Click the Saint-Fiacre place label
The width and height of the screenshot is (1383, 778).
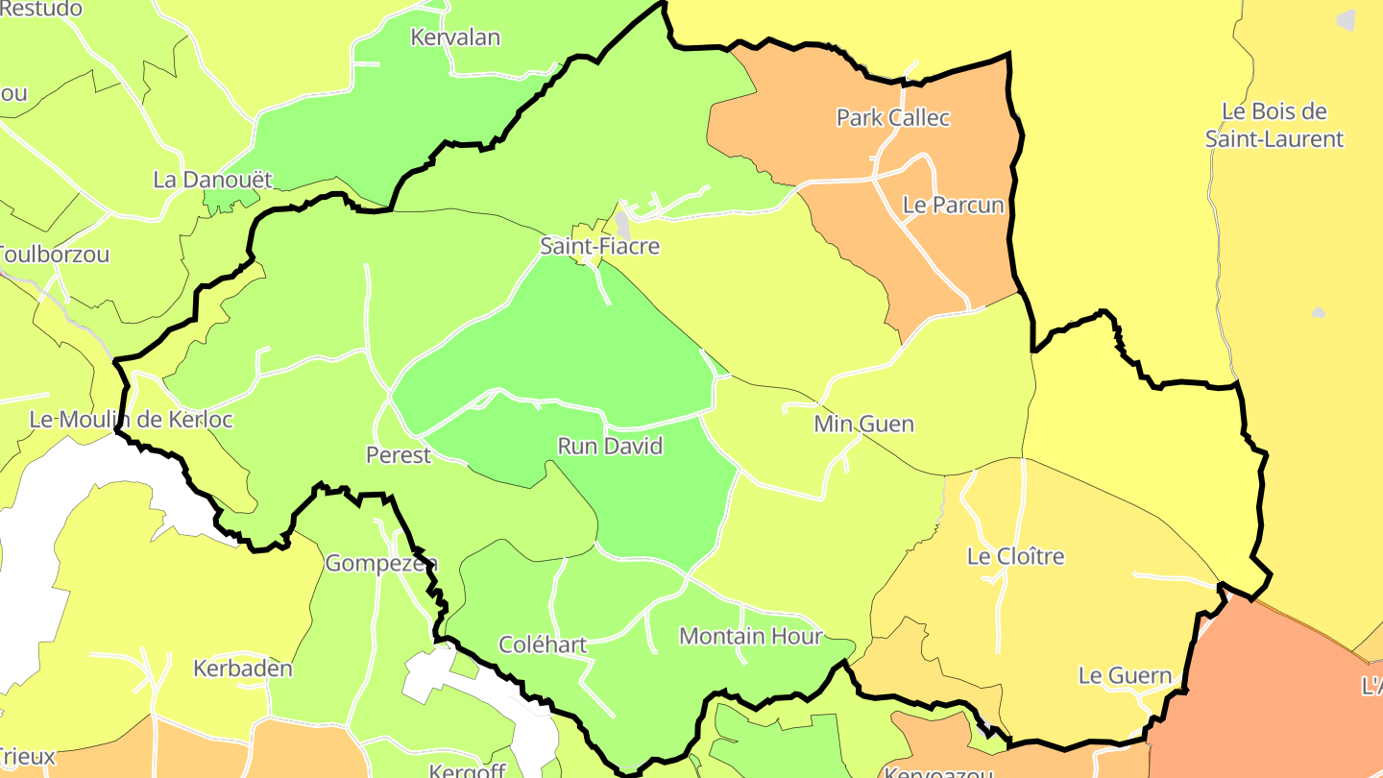click(x=599, y=247)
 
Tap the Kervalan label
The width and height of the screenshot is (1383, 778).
click(x=455, y=38)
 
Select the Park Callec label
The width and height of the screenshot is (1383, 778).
click(x=893, y=118)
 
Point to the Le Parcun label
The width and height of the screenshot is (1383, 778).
click(x=953, y=206)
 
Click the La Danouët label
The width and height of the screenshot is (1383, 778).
click(x=213, y=180)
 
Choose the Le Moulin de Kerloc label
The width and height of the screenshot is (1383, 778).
click(x=131, y=420)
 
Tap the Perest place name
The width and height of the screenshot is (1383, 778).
click(x=399, y=455)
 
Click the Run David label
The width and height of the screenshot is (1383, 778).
click(x=610, y=447)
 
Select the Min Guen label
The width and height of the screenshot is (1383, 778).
click(x=863, y=424)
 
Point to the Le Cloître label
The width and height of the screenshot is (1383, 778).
click(x=1015, y=557)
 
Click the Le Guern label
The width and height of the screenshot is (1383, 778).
click(x=1125, y=676)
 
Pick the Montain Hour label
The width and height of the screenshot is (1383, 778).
click(x=750, y=637)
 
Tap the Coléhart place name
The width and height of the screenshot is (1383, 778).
click(x=543, y=644)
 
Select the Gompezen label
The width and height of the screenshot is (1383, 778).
click(x=381, y=564)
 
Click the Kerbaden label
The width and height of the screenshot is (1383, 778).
click(x=243, y=669)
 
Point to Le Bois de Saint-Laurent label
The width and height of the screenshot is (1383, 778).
click(x=1274, y=125)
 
